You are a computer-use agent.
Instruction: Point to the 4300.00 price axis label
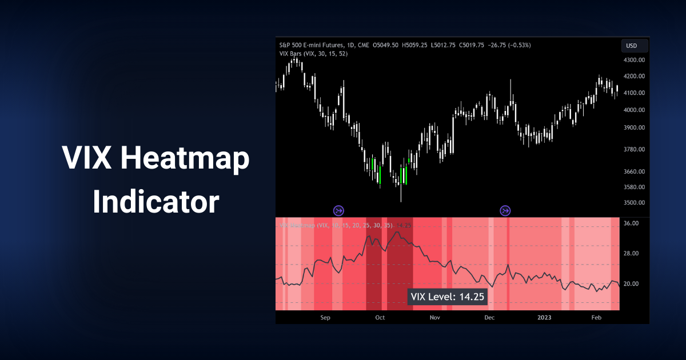pos(634,60)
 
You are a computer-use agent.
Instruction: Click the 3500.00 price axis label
pos(634,203)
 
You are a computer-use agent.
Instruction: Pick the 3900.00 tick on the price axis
pos(634,128)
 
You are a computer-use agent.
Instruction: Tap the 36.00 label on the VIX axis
pos(631,223)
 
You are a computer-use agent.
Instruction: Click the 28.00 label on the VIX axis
pos(631,254)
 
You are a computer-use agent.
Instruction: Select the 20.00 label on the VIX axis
pos(631,284)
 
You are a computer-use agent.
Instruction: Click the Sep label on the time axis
pos(325,317)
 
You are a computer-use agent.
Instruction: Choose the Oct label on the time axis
pos(380,317)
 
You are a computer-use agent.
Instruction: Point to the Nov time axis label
pos(434,317)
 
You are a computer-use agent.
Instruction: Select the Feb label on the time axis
pos(596,317)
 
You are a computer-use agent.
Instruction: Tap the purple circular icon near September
pos(338,211)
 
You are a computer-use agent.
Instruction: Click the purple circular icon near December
pos(505,211)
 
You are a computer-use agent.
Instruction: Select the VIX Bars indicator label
pos(313,54)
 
